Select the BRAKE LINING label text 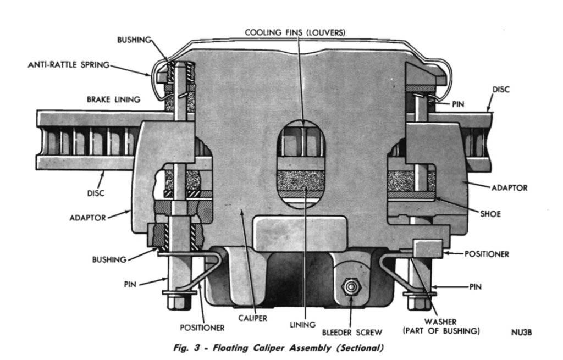click(x=113, y=99)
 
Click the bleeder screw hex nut click(x=349, y=286)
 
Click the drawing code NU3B click(x=521, y=332)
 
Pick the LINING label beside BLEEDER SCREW click(x=302, y=324)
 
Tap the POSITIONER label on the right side click(x=487, y=254)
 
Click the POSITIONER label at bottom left click(x=203, y=328)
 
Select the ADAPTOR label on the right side click(x=509, y=187)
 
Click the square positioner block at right click(x=428, y=248)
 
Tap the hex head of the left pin click(x=178, y=303)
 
